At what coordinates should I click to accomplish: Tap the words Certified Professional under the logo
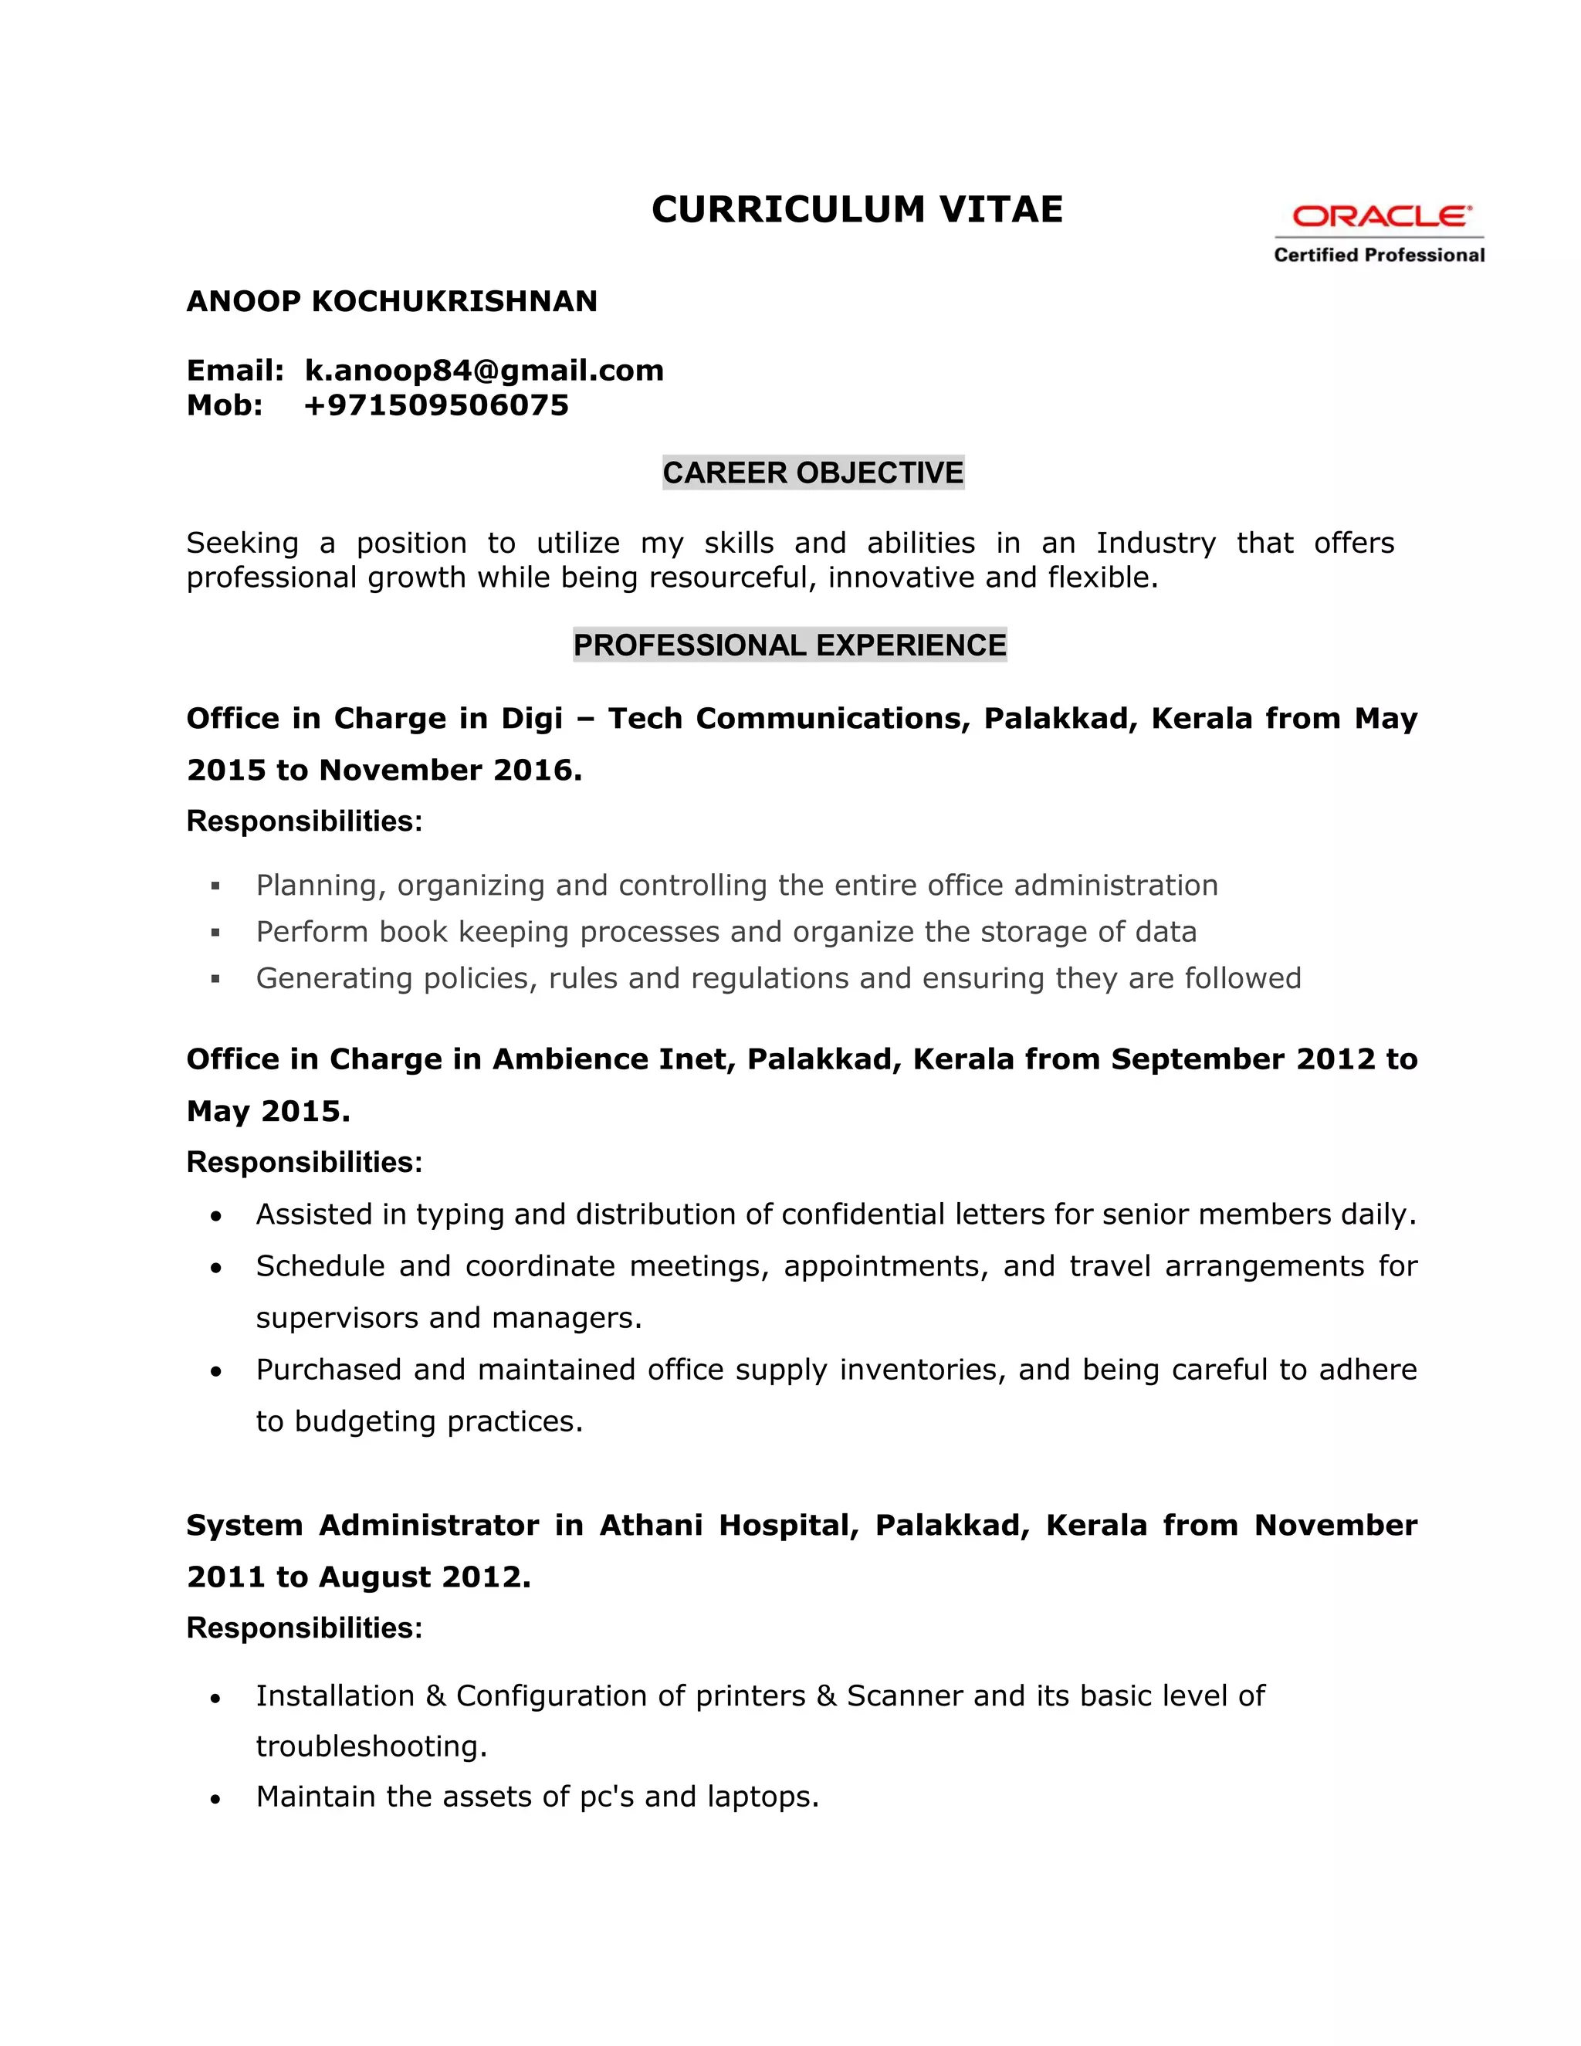tap(1379, 255)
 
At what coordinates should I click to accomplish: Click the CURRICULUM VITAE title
tap(857, 209)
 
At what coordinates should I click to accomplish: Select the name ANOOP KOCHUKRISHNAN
tap(391, 302)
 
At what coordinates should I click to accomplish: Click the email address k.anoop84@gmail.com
tap(484, 370)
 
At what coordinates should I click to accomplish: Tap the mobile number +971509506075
tap(436, 405)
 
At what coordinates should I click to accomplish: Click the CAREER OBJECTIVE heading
tap(813, 473)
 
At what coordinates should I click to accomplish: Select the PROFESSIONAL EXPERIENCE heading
tap(790, 645)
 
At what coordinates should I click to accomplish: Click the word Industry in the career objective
tap(1155, 543)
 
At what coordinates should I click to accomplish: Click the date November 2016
tap(449, 770)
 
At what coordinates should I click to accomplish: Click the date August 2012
tap(425, 1577)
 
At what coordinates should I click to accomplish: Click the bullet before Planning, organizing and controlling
tap(215, 886)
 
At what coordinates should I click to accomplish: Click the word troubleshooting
tap(371, 1746)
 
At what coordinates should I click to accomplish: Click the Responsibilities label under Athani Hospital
tap(304, 1628)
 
